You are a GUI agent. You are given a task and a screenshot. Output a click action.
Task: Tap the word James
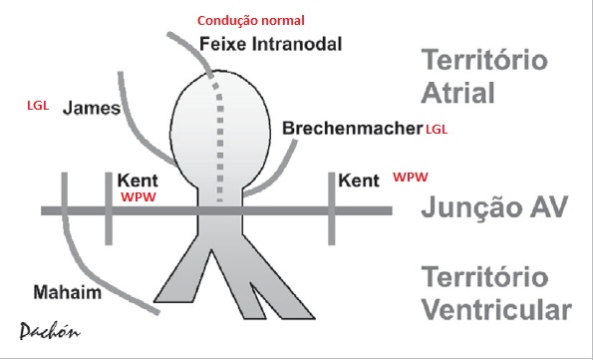click(92, 109)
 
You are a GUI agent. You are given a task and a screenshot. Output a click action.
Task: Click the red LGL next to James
click(38, 105)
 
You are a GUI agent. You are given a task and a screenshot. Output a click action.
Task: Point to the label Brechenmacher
click(352, 130)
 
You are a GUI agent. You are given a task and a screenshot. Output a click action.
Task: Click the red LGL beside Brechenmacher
click(437, 131)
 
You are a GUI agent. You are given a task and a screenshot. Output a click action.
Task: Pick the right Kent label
click(359, 181)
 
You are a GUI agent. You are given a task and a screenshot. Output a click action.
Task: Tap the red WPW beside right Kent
click(411, 177)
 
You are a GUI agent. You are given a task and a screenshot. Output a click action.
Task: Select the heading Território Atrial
click(484, 75)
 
